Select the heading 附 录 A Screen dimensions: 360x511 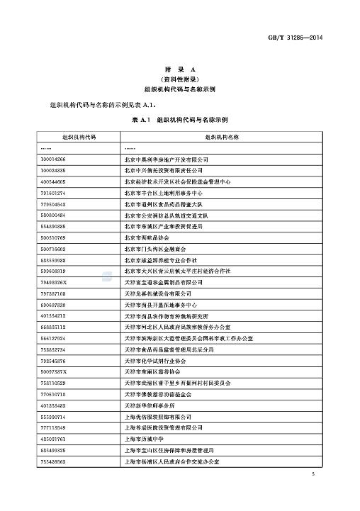click(x=179, y=70)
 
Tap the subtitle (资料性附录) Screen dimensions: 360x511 click(x=179, y=80)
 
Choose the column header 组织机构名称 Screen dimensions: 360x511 click(x=223, y=135)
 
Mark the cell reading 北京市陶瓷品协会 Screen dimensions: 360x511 click(x=147, y=237)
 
